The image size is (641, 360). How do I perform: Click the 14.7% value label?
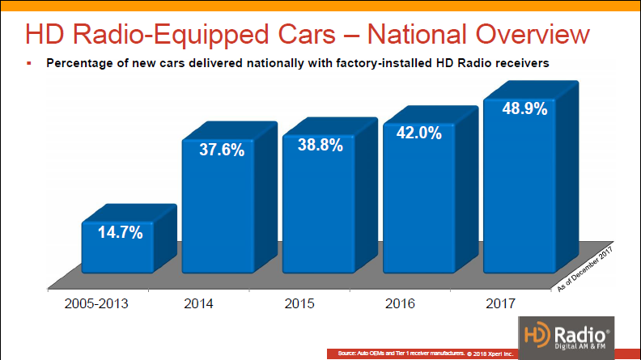[x=121, y=233]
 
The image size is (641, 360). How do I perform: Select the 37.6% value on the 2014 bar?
[x=221, y=150]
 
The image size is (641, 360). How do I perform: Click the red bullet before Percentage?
[x=28, y=62]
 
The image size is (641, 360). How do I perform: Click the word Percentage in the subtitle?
[x=84, y=62]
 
